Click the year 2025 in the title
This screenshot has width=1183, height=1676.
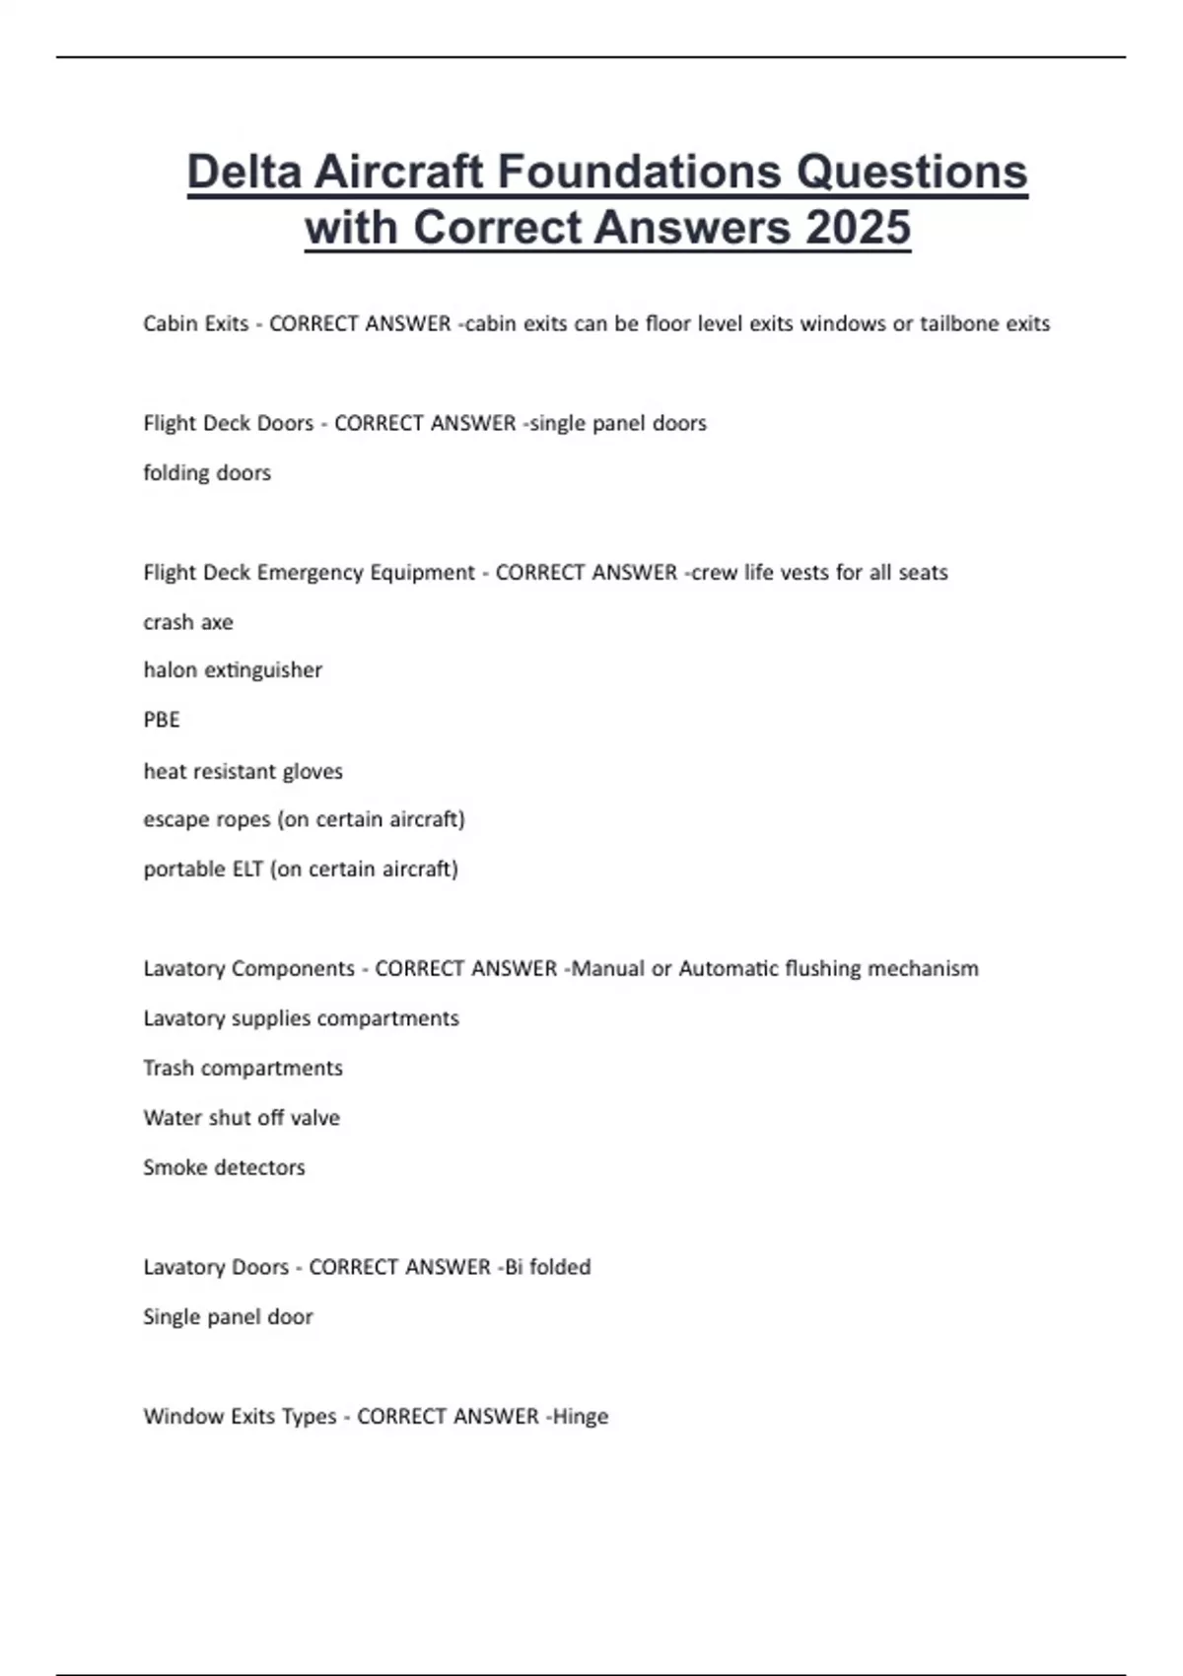[x=858, y=228]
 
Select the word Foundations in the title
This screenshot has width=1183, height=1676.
[x=640, y=172]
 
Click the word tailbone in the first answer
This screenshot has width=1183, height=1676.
[x=959, y=323]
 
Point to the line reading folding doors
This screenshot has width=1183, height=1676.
[x=207, y=473]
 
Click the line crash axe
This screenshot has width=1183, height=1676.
[x=188, y=622]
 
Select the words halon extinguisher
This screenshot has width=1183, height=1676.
[x=233, y=670]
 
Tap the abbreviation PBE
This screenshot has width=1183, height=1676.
[x=162, y=720]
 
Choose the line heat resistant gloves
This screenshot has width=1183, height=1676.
[x=243, y=771]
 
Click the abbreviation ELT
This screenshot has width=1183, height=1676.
[x=247, y=869]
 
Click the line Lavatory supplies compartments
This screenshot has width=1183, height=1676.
[x=301, y=1017]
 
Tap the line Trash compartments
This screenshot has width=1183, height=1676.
[x=243, y=1068]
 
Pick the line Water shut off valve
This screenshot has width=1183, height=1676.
[x=242, y=1118]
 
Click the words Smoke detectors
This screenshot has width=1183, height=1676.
[x=224, y=1167]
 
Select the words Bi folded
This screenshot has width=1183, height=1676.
[x=548, y=1267]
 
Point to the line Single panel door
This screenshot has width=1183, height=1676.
[x=228, y=1317]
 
